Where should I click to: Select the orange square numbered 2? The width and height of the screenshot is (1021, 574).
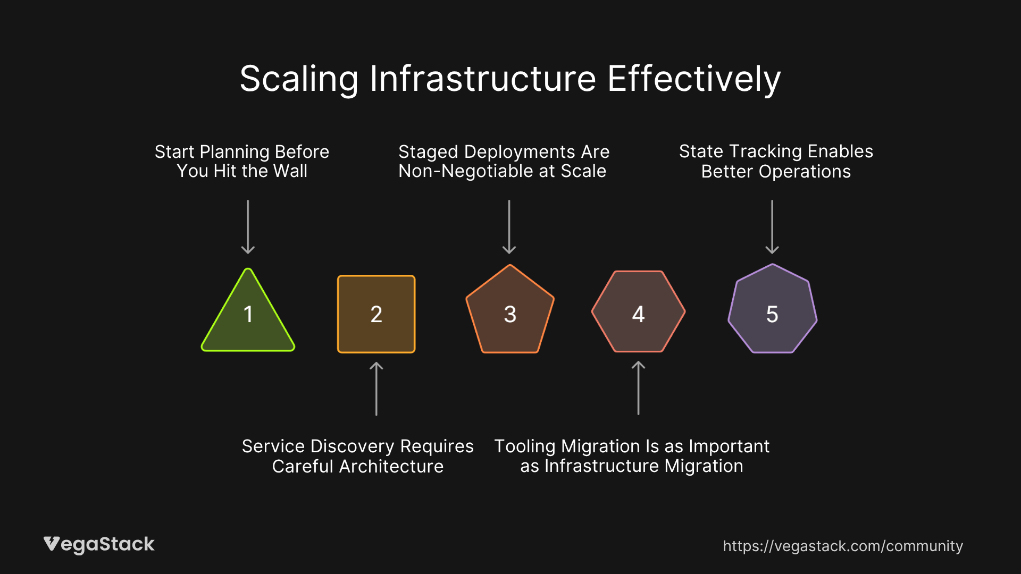[x=376, y=314]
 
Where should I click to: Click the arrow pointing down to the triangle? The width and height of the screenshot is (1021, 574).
[x=248, y=227]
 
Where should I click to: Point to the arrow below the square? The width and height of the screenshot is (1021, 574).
[x=376, y=389]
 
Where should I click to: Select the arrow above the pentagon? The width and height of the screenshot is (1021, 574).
[x=509, y=227]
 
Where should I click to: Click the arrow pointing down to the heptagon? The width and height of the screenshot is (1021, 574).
[x=772, y=227]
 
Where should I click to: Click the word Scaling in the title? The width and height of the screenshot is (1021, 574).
[x=299, y=80]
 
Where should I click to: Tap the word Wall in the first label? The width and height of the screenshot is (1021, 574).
[x=290, y=171]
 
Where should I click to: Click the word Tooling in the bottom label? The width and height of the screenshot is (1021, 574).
[x=525, y=446]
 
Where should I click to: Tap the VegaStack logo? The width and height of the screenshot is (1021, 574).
[x=99, y=544]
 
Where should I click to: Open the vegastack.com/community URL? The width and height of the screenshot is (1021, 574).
[x=842, y=546]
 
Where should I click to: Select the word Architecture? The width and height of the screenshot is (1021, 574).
[x=391, y=467]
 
